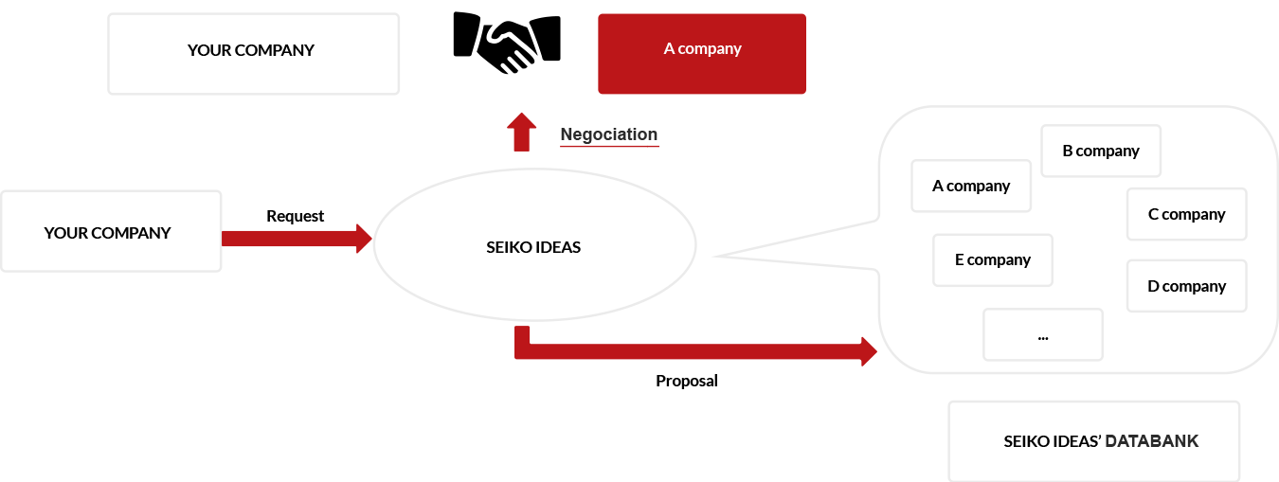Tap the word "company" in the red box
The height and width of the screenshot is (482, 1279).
710,48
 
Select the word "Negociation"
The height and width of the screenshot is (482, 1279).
608,134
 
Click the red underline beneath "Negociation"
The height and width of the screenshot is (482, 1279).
608,147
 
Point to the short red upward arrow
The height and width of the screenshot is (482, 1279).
521,133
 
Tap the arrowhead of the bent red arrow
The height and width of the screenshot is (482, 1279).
868,350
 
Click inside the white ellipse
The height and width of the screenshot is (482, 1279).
535,244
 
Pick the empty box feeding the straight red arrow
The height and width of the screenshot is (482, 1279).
111,231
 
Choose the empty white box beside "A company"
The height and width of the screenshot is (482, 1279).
253,54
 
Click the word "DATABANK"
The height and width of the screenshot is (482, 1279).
1151,441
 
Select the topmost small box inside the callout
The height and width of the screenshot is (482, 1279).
1101,151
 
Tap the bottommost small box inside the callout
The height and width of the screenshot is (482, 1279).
1043,334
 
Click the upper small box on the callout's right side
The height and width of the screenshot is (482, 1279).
1186,214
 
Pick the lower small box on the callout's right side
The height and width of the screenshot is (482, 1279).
1186,285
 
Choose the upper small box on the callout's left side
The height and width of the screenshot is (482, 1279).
971,186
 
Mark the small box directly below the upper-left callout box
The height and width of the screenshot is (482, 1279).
993,259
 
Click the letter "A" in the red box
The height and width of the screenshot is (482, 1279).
669,48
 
